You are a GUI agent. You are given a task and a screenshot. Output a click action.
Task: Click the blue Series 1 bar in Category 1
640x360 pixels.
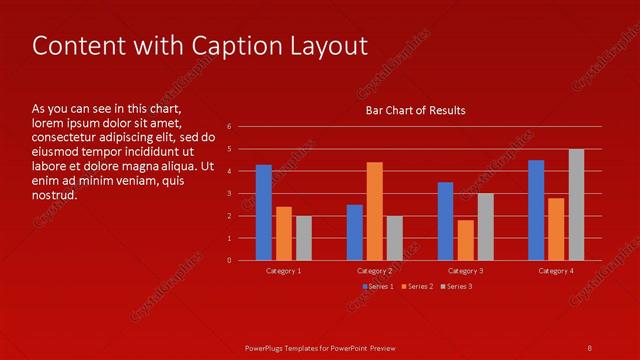click(264, 212)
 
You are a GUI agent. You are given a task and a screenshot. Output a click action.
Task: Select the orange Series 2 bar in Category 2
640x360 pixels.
click(375, 211)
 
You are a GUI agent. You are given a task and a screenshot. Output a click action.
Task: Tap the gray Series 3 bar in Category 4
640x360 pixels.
click(577, 205)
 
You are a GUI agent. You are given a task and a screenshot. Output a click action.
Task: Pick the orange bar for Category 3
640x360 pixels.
click(465, 240)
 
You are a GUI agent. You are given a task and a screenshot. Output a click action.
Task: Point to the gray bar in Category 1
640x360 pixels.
click(304, 238)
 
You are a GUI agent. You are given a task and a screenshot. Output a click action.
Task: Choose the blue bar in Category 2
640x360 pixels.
click(355, 232)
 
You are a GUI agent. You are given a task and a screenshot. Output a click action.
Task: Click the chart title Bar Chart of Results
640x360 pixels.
click(414, 110)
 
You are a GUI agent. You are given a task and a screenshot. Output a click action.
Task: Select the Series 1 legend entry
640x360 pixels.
click(377, 287)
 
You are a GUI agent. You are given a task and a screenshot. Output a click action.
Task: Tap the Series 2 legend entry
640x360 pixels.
click(417, 287)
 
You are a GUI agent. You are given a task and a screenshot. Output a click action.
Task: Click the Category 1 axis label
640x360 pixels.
click(284, 271)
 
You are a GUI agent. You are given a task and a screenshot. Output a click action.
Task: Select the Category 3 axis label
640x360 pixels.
click(465, 271)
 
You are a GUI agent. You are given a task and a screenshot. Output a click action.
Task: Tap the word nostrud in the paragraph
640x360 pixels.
click(54, 195)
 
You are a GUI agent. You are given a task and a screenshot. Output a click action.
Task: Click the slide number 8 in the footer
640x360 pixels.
click(589, 347)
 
